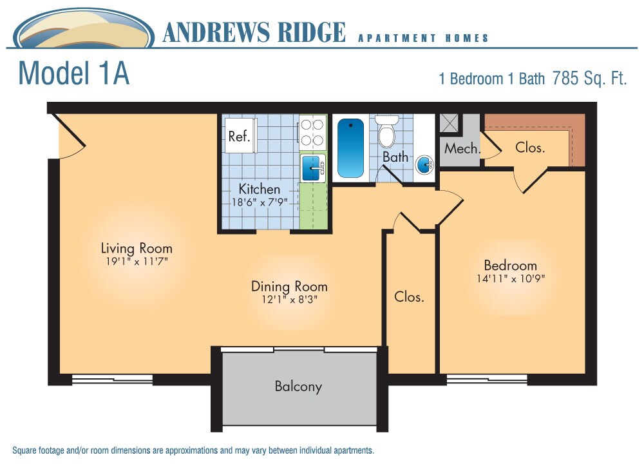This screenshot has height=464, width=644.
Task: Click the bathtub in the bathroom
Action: click(350, 148)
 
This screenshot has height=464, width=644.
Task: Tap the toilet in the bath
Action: click(386, 133)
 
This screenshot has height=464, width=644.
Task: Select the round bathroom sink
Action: click(424, 165)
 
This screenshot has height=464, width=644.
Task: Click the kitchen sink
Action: click(313, 168)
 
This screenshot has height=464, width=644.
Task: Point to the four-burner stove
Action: click(312, 132)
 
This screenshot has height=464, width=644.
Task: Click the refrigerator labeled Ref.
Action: click(240, 137)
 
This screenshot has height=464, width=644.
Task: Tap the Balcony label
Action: click(298, 387)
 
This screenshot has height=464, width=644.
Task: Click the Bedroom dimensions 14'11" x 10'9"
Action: click(510, 279)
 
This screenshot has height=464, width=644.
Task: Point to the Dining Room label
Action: click(289, 286)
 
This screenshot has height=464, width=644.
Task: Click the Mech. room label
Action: click(462, 149)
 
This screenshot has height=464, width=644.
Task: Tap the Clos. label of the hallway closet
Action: click(409, 297)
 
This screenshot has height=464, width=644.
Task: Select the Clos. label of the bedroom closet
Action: click(530, 147)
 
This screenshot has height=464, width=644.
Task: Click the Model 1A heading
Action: click(74, 73)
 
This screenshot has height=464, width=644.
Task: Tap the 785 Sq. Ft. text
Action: click(589, 79)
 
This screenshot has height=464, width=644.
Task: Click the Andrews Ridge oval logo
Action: click(84, 30)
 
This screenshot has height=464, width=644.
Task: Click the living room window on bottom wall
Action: click(112, 380)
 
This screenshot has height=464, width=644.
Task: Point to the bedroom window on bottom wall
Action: click(487, 379)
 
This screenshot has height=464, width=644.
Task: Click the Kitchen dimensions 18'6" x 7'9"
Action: click(259, 202)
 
